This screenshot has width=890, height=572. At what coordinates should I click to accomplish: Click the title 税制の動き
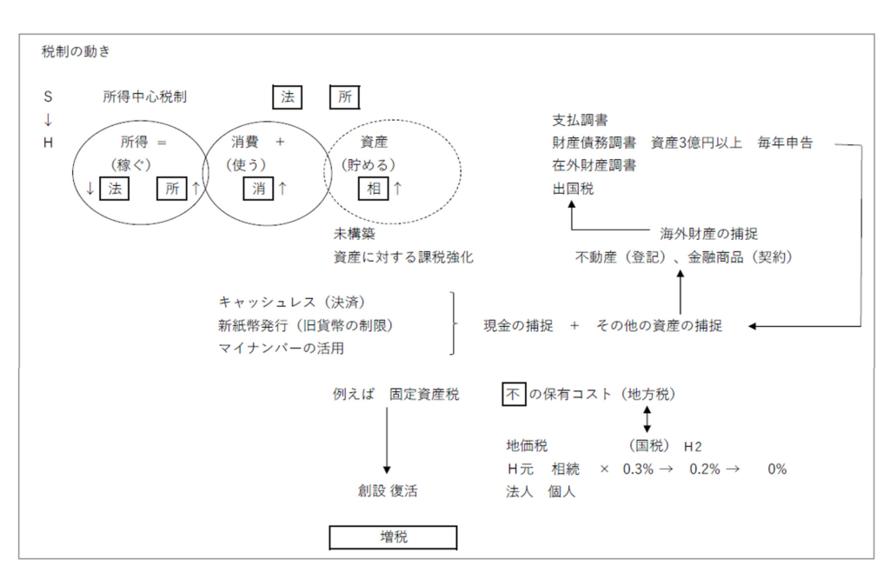[76, 51]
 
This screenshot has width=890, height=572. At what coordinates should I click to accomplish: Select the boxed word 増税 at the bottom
[393, 537]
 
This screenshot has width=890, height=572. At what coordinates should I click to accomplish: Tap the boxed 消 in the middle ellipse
[259, 188]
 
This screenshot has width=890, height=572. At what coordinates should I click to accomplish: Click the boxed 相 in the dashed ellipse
[374, 188]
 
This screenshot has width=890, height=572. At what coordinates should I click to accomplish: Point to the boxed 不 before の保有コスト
[515, 395]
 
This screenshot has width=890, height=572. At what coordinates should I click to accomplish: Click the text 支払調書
[580, 120]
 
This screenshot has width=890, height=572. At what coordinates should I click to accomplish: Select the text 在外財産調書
[594, 165]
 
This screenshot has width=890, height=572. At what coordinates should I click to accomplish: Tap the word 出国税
[573, 188]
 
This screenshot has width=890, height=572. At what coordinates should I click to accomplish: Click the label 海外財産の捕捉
[708, 234]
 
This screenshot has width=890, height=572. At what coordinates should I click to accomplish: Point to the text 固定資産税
[424, 395]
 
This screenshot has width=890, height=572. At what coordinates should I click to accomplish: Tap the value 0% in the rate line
[776, 469]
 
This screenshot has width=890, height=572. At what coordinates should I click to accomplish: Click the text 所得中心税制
[144, 96]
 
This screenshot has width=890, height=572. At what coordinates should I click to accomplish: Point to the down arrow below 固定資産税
[387, 442]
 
